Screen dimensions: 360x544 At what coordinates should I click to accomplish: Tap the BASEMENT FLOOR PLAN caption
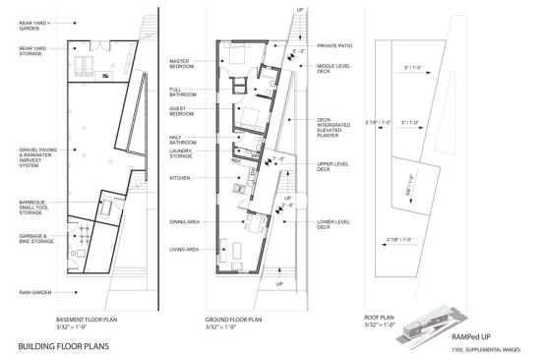click(90, 318)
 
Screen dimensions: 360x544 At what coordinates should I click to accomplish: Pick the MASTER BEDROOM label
click(186, 64)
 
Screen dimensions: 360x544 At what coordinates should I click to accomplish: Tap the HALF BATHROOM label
click(185, 141)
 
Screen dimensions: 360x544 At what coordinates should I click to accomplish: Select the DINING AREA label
click(186, 222)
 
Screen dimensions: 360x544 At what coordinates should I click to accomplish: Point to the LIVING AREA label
click(186, 249)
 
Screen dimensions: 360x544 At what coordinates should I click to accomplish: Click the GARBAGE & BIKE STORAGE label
click(35, 239)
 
